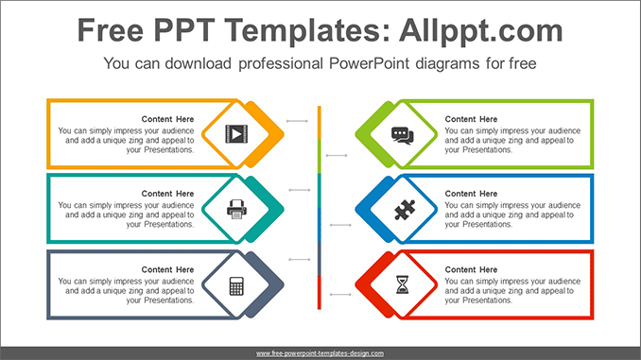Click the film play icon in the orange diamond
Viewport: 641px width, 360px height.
tap(236, 133)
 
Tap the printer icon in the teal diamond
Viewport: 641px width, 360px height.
tap(236, 209)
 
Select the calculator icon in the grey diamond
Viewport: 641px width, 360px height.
tap(236, 285)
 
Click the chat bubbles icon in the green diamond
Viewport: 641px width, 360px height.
tap(403, 136)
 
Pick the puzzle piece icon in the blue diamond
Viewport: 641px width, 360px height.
tap(405, 210)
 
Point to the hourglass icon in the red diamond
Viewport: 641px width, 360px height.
tap(403, 284)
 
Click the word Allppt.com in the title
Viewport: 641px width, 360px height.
tap(481, 31)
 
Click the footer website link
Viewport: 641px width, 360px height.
tap(320, 353)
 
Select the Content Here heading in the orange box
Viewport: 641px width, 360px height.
tap(167, 119)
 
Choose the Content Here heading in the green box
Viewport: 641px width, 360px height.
tap(471, 119)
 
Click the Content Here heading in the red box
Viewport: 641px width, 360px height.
tap(471, 269)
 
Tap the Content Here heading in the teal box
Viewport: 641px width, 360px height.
tap(167, 194)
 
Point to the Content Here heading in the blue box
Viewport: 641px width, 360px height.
tap(471, 194)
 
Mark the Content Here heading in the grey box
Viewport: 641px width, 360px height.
tap(167, 269)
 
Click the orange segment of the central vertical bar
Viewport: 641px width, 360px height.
tap(320, 123)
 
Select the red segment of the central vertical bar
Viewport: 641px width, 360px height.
tap(320, 293)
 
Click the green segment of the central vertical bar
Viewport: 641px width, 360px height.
tap(320, 157)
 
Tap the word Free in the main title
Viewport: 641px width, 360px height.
tap(111, 30)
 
